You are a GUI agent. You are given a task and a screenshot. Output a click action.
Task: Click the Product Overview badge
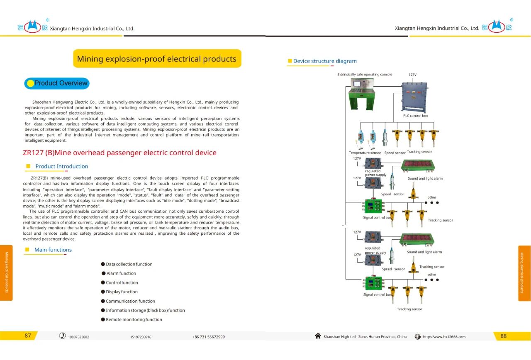[57, 83]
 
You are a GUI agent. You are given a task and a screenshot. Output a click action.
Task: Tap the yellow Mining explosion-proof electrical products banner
[157, 59]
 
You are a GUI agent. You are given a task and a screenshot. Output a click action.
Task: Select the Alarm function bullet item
[121, 274]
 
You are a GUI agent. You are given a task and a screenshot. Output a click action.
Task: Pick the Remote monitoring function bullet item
[134, 320]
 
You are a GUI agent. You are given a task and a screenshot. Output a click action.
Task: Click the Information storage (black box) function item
[145, 311]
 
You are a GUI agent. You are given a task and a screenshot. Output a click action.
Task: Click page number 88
[504, 336]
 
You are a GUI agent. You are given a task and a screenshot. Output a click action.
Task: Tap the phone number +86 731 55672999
[209, 337]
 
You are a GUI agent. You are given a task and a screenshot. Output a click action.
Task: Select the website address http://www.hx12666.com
[444, 337]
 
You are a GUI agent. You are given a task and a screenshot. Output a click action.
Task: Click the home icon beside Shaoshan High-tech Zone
[318, 336]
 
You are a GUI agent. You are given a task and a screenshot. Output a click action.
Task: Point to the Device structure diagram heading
[325, 61]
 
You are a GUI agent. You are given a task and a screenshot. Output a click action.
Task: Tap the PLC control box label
[415, 116]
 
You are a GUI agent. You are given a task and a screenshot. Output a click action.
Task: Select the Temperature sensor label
[365, 153]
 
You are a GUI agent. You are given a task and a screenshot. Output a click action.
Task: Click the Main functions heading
[53, 250]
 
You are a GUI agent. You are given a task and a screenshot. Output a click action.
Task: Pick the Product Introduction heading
[61, 166]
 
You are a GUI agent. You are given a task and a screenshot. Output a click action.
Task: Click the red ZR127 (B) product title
[119, 153]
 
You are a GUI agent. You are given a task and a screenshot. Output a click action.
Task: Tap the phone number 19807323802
[78, 337]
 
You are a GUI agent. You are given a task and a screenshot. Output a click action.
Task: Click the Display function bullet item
[122, 292]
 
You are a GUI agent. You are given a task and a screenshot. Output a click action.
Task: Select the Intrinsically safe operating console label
[365, 75]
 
